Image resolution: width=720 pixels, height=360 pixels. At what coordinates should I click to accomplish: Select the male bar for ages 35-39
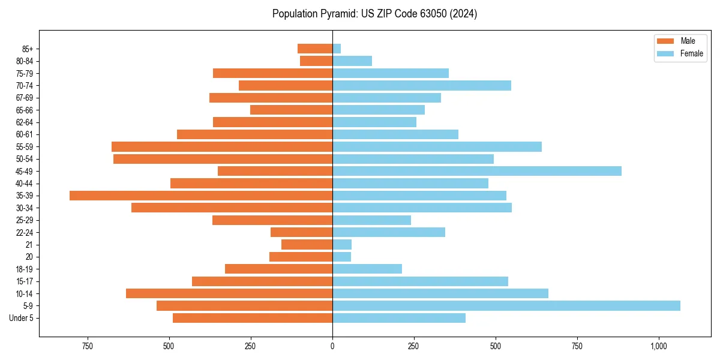click(201, 196)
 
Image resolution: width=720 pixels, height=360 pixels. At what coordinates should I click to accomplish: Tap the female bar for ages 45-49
click(476, 171)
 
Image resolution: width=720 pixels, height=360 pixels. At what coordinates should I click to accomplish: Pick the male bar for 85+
click(315, 49)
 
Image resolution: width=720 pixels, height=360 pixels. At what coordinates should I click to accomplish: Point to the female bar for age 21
click(342, 244)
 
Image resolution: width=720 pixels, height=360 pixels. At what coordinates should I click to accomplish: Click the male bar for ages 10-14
click(229, 293)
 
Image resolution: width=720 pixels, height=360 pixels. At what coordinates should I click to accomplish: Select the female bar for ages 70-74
click(421, 85)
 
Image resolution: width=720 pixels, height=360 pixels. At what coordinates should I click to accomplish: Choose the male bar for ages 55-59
click(222, 146)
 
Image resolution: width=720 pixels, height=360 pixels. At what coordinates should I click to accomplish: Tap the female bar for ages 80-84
click(352, 61)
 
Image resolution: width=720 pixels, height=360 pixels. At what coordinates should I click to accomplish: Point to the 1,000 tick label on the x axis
click(659, 346)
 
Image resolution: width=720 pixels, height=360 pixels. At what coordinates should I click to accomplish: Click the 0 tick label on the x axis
click(332, 346)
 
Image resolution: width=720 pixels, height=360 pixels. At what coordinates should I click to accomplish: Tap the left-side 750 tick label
click(88, 346)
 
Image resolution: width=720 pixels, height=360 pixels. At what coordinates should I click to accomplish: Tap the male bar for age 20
click(301, 257)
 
